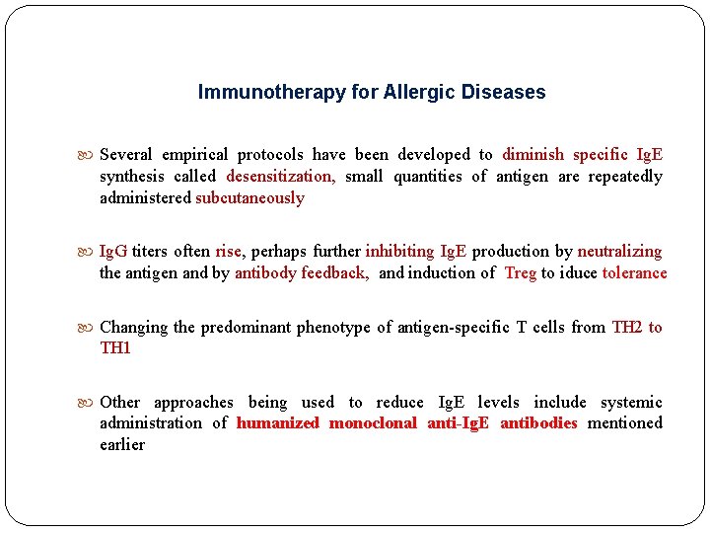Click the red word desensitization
(x=281, y=177)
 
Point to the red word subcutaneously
(x=250, y=198)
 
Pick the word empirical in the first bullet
(x=195, y=155)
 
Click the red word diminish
(x=533, y=155)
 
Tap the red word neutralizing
(x=619, y=252)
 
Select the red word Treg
(x=520, y=273)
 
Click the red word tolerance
(x=634, y=273)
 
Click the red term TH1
(x=115, y=348)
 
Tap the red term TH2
(x=627, y=327)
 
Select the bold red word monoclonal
(x=373, y=423)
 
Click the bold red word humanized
(x=278, y=423)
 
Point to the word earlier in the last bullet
(x=122, y=445)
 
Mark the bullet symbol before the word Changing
(x=90, y=327)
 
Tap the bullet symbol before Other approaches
(x=90, y=402)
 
